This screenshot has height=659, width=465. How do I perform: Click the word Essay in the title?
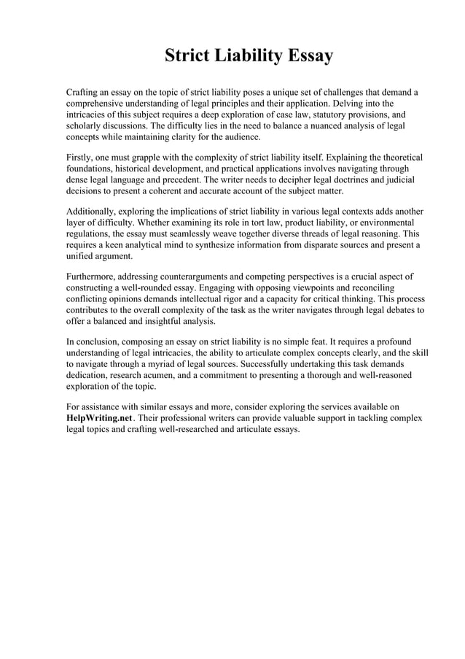click(x=306, y=55)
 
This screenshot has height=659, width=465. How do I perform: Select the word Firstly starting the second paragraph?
click(x=80, y=158)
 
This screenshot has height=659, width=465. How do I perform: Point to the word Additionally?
click(x=93, y=211)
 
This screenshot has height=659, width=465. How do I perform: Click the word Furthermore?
click(x=93, y=277)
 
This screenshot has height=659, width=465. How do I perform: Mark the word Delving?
click(x=350, y=104)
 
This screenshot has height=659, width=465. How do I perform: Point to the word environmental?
click(x=386, y=222)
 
